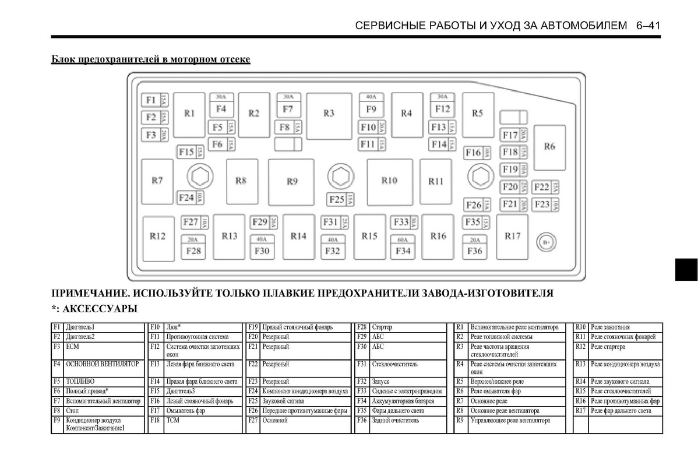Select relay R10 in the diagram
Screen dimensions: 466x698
pyautogui.click(x=389, y=181)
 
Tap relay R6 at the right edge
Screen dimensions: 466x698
pyautogui.click(x=549, y=147)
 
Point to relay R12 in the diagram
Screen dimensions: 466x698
pyautogui.click(x=157, y=237)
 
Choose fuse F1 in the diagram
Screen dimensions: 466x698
pyautogui.click(x=151, y=100)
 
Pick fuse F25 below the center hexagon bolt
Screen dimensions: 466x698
pyautogui.click(x=337, y=200)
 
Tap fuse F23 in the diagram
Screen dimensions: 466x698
pyautogui.click(x=542, y=204)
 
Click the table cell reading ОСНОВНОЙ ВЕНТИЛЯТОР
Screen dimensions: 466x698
pyautogui.click(x=102, y=364)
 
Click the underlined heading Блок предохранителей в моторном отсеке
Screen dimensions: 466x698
pyautogui.click(x=151, y=60)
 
